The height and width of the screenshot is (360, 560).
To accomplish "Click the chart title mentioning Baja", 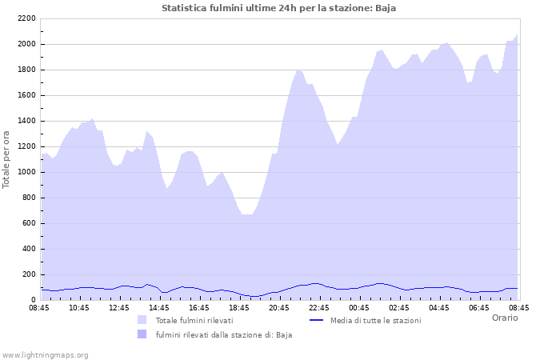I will point(278,8).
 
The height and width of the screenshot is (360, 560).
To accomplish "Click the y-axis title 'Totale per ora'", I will point(7,158).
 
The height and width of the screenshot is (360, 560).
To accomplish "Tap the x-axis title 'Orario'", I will point(504,318).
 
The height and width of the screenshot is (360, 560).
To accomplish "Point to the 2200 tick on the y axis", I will point(26,18).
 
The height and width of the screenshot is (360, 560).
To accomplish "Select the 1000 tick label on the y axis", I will point(26,172).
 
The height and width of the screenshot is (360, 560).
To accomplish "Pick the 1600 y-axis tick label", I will point(26,95).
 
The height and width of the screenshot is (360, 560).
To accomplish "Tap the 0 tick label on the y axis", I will point(33,300).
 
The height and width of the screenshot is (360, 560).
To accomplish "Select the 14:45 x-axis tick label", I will point(158,308).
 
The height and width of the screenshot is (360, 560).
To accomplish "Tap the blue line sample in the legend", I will point(316,320).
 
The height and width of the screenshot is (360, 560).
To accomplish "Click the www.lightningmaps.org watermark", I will point(45,354).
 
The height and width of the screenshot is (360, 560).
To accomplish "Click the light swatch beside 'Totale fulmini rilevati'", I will point(142,320).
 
